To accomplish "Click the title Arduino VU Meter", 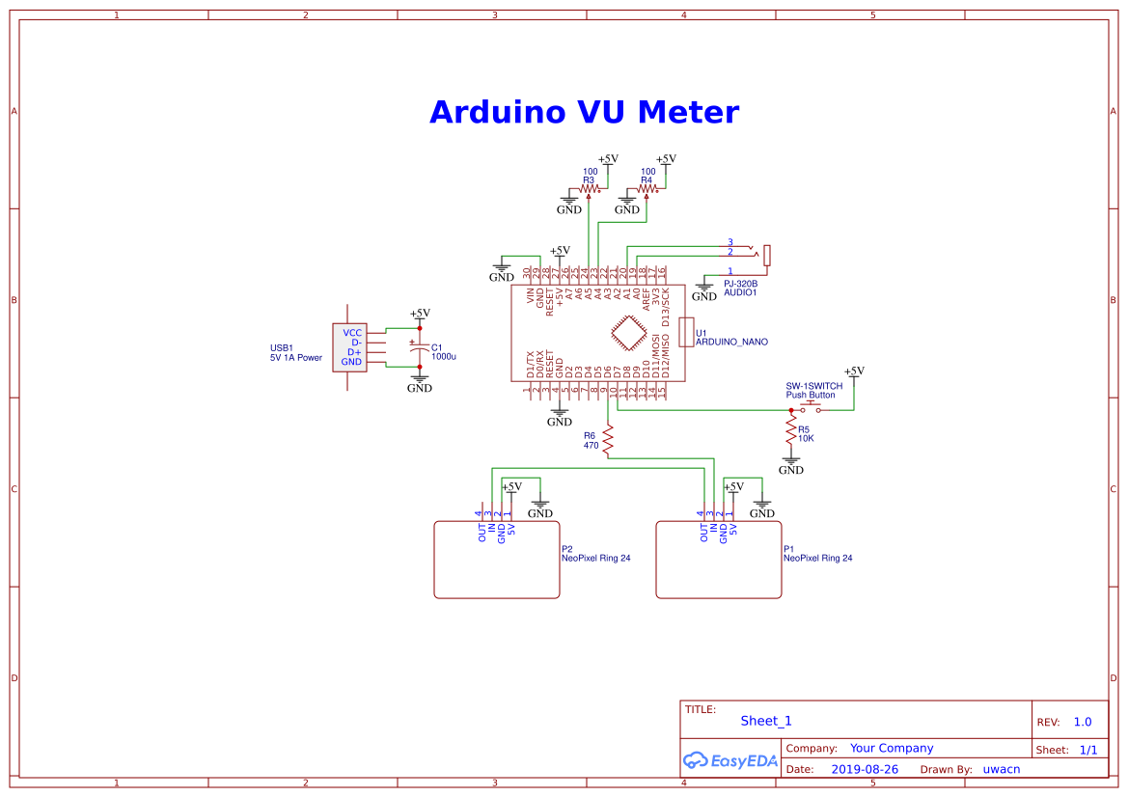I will tap(584, 112).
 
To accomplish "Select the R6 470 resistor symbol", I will tap(608, 440).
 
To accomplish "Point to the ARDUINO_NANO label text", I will tap(731, 343).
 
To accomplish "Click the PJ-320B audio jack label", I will tap(740, 284).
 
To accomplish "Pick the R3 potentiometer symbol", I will tap(590, 189).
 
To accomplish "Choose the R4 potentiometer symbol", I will tap(647, 189).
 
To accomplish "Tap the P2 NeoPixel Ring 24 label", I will tap(595, 558).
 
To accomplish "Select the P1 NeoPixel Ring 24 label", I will tap(817, 558).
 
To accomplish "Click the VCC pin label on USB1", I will tap(352, 332).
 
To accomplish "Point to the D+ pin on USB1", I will tap(354, 352).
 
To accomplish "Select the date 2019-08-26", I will tap(865, 769).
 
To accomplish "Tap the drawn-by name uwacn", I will tap(1001, 769).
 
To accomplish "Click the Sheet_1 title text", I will tap(766, 721).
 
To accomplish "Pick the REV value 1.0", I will tap(1082, 722).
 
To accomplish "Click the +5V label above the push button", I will tap(854, 371).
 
